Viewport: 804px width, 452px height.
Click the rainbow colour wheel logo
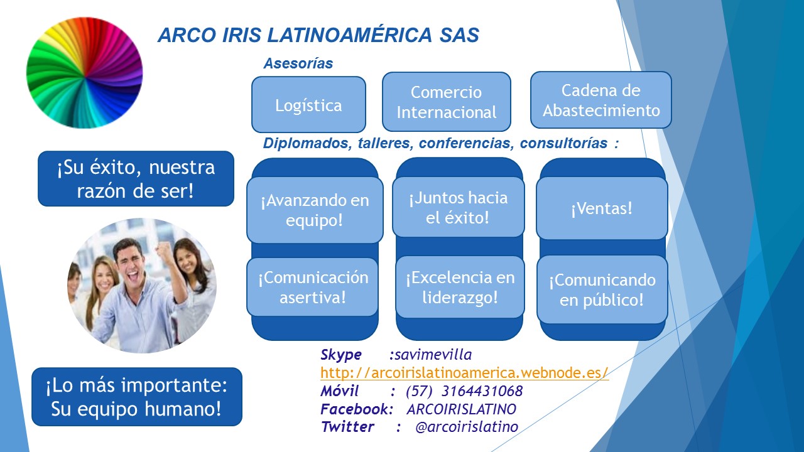[85, 73]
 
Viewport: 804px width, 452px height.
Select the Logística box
[308, 105]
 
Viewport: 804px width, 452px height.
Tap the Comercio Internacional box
[447, 102]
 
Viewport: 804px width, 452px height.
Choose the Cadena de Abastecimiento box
[601, 100]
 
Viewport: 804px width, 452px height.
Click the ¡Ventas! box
[602, 208]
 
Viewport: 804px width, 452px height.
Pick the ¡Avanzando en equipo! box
[315, 210]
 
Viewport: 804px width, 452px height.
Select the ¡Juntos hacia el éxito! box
[459, 207]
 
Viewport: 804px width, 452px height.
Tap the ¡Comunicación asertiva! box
[313, 287]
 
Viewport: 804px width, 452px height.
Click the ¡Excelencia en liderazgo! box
[460, 287]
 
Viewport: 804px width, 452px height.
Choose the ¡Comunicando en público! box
[602, 289]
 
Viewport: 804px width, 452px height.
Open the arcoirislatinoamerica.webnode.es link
[464, 373]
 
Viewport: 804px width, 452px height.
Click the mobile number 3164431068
[482, 391]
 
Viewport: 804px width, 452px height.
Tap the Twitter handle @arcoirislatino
[467, 427]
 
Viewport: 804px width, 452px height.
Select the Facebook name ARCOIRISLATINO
[462, 409]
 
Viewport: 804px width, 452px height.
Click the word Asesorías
[298, 63]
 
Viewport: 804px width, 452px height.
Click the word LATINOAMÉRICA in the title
[349, 35]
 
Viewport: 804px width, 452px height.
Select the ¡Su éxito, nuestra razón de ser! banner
[136, 179]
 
